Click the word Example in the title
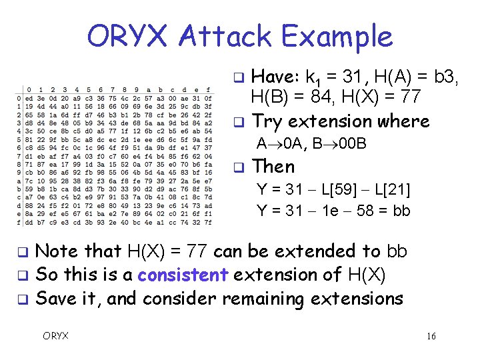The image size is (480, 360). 338,36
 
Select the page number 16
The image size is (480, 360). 431,336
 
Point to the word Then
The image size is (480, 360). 273,166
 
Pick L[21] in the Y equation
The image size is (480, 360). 387,189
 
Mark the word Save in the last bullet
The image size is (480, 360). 53,298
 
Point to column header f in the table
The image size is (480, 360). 208,90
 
